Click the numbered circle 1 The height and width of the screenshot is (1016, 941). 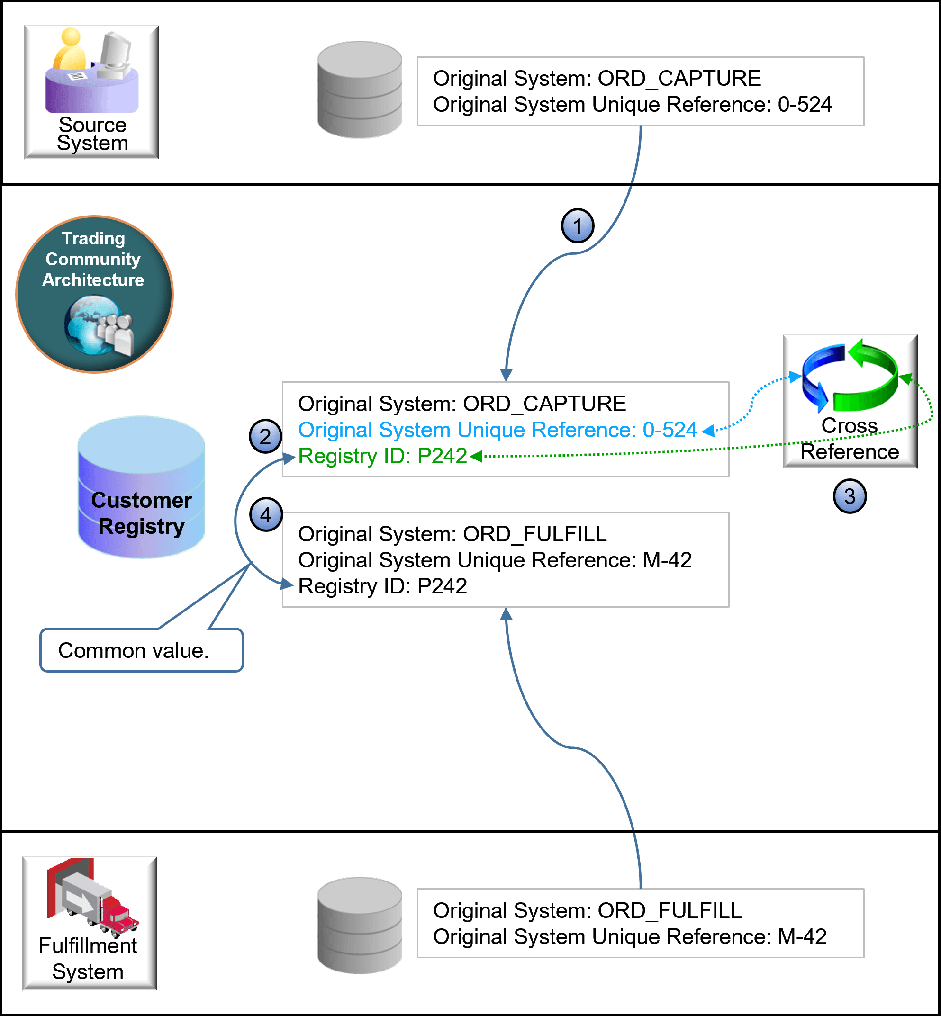578,225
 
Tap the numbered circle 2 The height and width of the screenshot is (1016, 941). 265,436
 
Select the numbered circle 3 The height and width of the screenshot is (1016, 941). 850,496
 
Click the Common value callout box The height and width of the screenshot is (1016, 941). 141,650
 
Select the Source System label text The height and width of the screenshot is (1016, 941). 92,134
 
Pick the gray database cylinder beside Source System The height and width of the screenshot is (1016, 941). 359,90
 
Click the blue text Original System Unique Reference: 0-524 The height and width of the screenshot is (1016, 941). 497,430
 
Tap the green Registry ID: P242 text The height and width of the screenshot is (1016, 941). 382,456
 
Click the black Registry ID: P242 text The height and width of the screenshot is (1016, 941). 382,586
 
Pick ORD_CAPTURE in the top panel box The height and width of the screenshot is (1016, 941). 679,78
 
